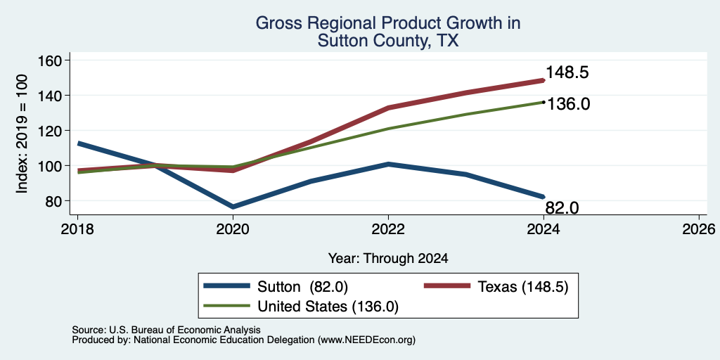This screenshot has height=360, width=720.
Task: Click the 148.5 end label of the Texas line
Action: point(567,72)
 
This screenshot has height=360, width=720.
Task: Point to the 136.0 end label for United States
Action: point(567,104)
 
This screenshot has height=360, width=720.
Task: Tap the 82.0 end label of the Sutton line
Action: point(562,207)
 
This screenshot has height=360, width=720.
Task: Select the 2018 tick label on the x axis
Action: point(77,229)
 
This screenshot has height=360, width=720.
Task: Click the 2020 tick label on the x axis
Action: point(233,229)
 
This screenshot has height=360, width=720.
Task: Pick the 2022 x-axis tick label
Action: point(388,229)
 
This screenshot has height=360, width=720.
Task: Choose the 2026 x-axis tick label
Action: point(700,229)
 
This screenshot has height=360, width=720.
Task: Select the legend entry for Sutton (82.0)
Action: point(276,287)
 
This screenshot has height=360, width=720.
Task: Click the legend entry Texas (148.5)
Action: point(496,287)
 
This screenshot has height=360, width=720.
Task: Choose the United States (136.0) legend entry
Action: point(301,307)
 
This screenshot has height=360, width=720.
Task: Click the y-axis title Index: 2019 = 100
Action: point(22,134)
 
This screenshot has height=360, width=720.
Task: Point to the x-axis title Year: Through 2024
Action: point(388,259)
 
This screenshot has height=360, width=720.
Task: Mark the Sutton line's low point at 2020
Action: point(233,207)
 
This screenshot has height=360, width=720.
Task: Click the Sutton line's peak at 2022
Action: point(388,164)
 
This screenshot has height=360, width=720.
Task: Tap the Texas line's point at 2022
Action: point(388,108)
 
